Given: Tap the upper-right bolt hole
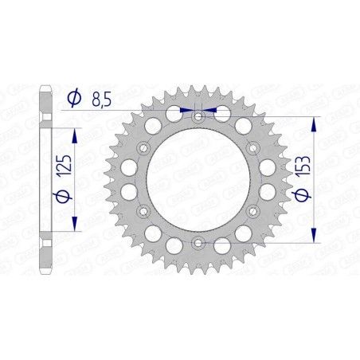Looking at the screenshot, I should pos(252,148).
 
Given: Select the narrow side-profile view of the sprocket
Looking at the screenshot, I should pos(46,179).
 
